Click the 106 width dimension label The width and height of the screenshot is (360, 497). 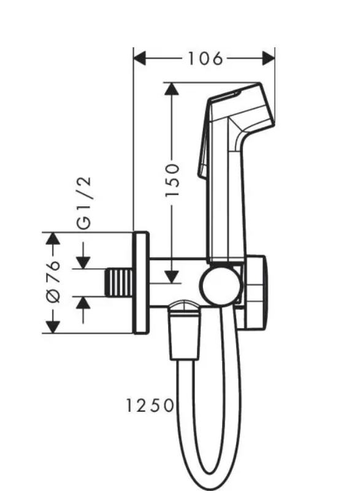204,58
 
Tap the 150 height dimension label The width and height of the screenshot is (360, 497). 174,180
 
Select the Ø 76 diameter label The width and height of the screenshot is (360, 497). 53,280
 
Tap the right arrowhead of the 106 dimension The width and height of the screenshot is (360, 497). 268,58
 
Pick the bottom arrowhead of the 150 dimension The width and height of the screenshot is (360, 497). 173,276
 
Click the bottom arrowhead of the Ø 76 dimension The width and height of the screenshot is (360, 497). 53,326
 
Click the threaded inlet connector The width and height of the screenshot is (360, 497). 120,283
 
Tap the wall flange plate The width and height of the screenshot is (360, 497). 141,283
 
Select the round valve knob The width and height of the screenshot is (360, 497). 222,286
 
